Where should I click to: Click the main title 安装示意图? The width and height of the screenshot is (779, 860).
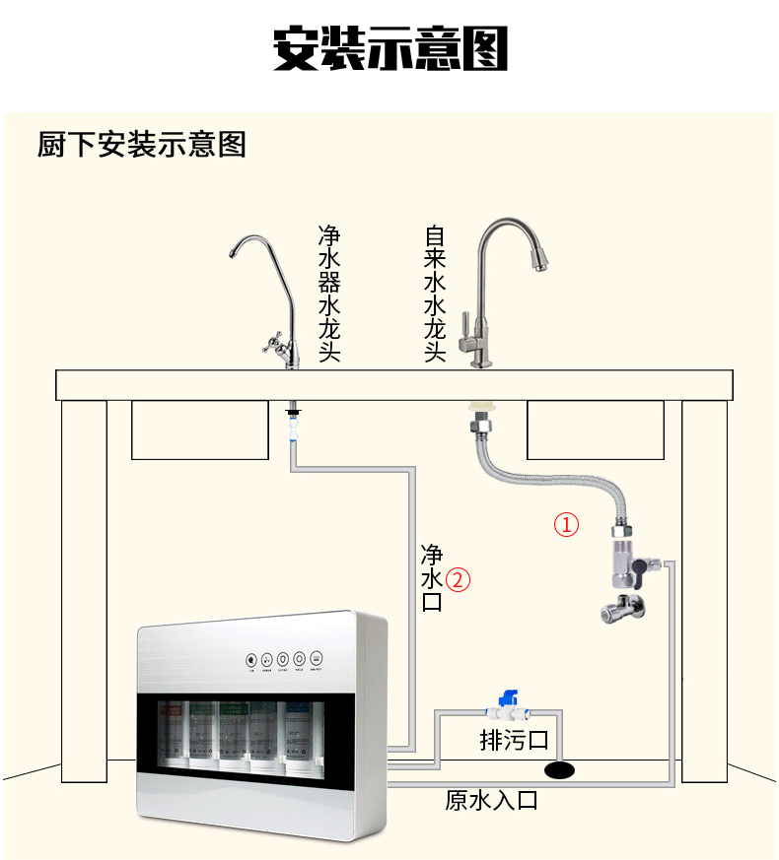pos(389,47)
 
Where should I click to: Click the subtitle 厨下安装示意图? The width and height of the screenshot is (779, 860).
pos(141,145)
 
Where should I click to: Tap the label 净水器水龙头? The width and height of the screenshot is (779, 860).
pos(329,294)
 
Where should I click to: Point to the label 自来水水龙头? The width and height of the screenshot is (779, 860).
pos(435,294)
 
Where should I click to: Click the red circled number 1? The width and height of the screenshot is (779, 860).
pos(567,523)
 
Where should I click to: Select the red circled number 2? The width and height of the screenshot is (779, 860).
pos(458,579)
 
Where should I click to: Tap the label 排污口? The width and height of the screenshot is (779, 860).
pos(513,740)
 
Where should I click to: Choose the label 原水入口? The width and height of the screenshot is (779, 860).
pos(491,800)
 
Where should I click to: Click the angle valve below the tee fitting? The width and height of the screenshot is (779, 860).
pos(619,605)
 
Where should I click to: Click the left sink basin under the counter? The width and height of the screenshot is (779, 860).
pos(200,430)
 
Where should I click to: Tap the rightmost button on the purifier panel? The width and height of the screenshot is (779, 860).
pos(316,658)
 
